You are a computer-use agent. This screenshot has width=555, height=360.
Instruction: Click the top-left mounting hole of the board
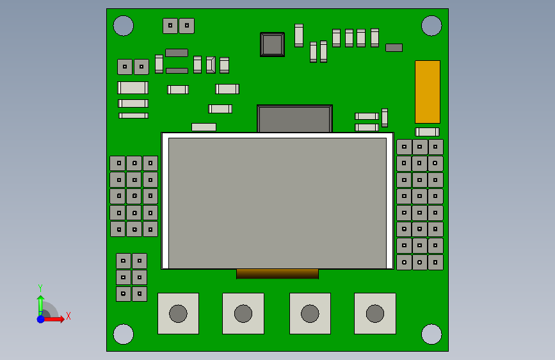(x=124, y=26)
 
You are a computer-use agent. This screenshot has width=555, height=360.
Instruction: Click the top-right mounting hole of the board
(x=431, y=26)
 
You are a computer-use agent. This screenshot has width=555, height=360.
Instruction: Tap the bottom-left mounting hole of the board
(x=124, y=334)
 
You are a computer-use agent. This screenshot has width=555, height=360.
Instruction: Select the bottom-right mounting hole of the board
(x=431, y=334)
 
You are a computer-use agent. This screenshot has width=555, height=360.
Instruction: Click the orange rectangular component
(x=428, y=92)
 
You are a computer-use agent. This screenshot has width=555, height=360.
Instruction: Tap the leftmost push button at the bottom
(x=178, y=314)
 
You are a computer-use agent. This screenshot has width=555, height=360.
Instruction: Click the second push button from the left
(x=243, y=314)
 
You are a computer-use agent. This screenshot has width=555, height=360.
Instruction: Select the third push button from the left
(x=310, y=314)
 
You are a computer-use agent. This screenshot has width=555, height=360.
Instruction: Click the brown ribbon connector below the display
(x=277, y=274)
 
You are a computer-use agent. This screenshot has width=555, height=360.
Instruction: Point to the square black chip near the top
(x=272, y=45)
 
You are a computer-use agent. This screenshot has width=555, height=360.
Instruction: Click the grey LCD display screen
(x=277, y=202)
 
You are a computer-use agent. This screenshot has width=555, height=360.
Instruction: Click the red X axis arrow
(x=55, y=319)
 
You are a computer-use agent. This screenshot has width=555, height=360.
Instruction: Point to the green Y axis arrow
(x=40, y=304)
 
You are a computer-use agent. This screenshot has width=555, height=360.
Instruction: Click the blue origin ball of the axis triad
(x=40, y=319)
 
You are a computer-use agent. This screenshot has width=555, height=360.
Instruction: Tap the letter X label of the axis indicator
(x=68, y=316)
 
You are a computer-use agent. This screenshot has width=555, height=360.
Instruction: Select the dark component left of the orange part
(x=394, y=47)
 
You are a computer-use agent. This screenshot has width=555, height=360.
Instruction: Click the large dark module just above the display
(x=294, y=119)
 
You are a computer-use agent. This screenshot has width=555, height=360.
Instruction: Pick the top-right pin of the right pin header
(x=435, y=147)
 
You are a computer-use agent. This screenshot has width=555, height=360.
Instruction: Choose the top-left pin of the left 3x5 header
(x=118, y=163)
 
